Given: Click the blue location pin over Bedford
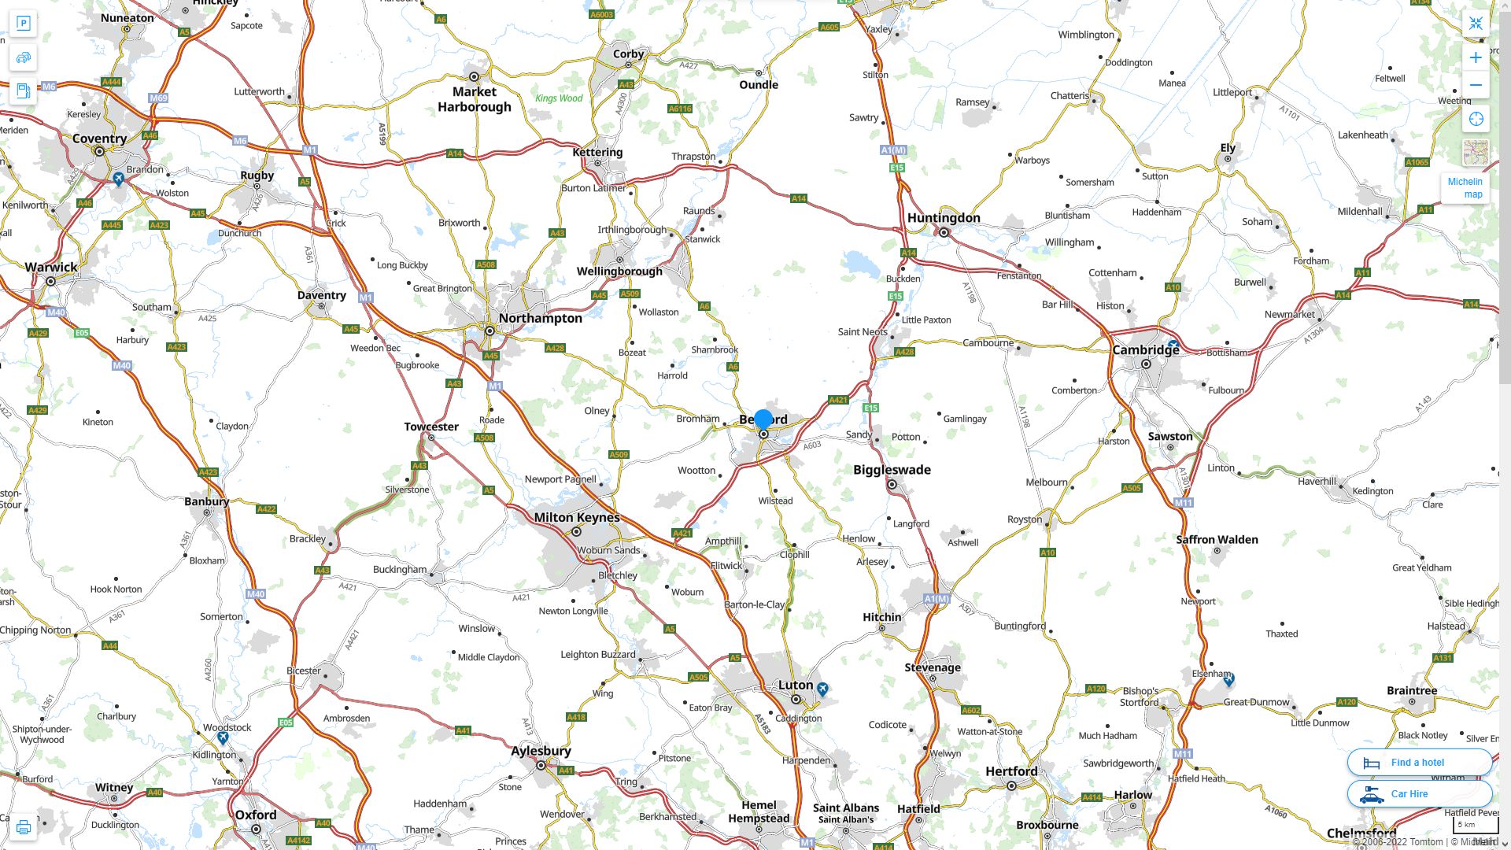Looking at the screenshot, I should pos(763,419).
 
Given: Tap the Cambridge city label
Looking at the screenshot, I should pos(1145,349).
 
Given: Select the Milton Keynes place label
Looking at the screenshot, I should pos(576,517).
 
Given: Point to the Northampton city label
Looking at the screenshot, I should pos(540,318).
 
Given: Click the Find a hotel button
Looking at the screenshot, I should pos(1419,762).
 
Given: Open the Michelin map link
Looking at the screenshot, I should pos(1465,187).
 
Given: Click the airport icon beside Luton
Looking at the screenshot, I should pos(822,689).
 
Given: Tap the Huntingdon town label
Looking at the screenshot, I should pos(943,217).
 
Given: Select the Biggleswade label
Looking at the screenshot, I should pos(892,469).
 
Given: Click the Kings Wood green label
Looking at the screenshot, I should pos(559,98).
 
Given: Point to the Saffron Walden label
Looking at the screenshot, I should pos(1217,539).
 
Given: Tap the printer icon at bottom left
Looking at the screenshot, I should pos(23,827).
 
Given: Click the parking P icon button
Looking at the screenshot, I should pos(24,23).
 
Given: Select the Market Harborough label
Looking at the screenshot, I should pos(475,99).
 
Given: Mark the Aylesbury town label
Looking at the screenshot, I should pos(541,750).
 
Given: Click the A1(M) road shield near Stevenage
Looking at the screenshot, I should pos(937,599).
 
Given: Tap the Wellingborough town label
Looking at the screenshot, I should pos(619,271).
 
